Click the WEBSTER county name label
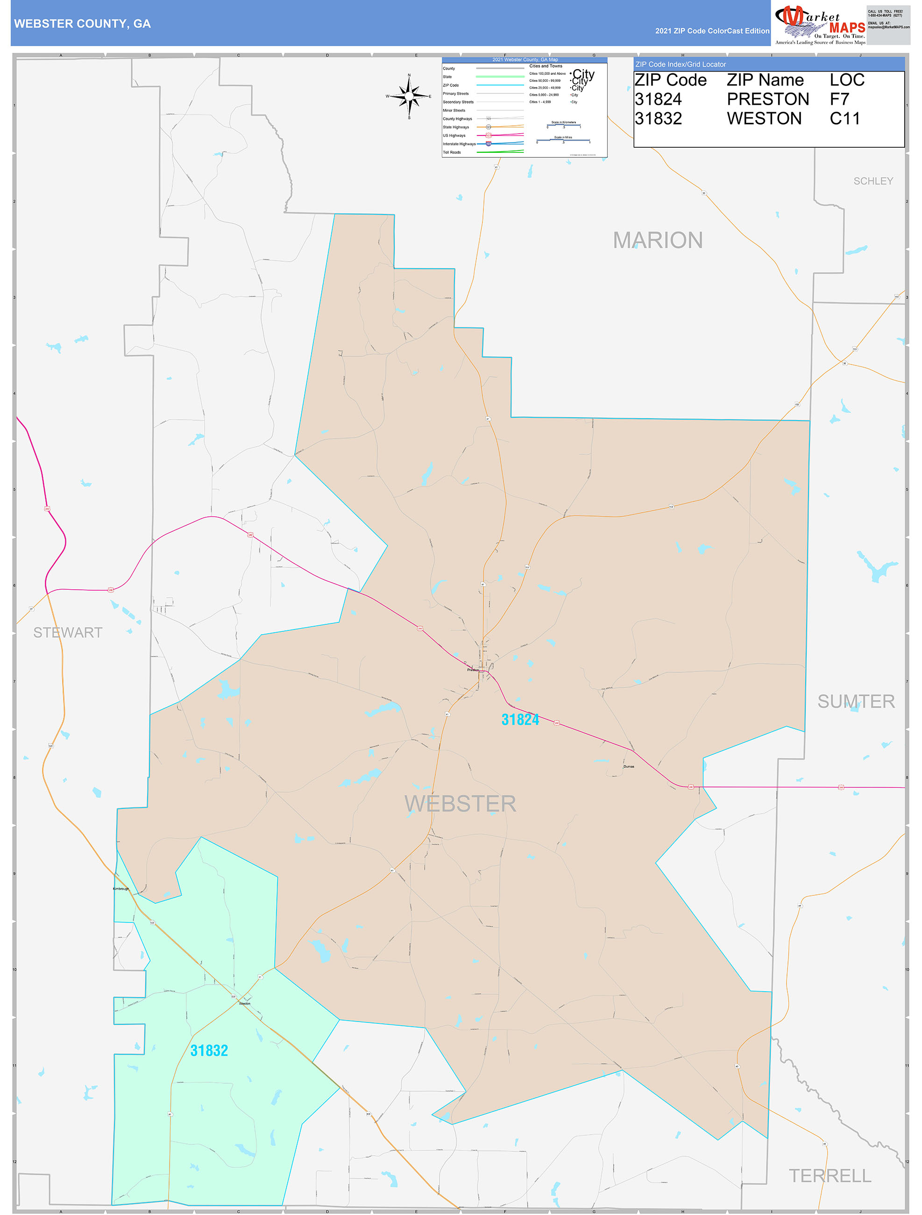[460, 804]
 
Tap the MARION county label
[657, 240]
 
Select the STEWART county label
[68, 632]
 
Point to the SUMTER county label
[856, 701]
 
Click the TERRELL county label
[830, 1175]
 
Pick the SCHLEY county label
[872, 181]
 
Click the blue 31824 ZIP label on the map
[520, 720]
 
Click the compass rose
[409, 96]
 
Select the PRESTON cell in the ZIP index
[768, 100]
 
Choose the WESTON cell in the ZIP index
[764, 119]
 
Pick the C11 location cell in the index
[844, 119]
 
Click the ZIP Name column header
[765, 80]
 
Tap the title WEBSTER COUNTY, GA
[82, 24]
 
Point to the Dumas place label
[629, 766]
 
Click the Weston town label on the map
[244, 1003]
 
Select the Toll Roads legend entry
[452, 152]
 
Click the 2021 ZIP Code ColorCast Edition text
[712, 31]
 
